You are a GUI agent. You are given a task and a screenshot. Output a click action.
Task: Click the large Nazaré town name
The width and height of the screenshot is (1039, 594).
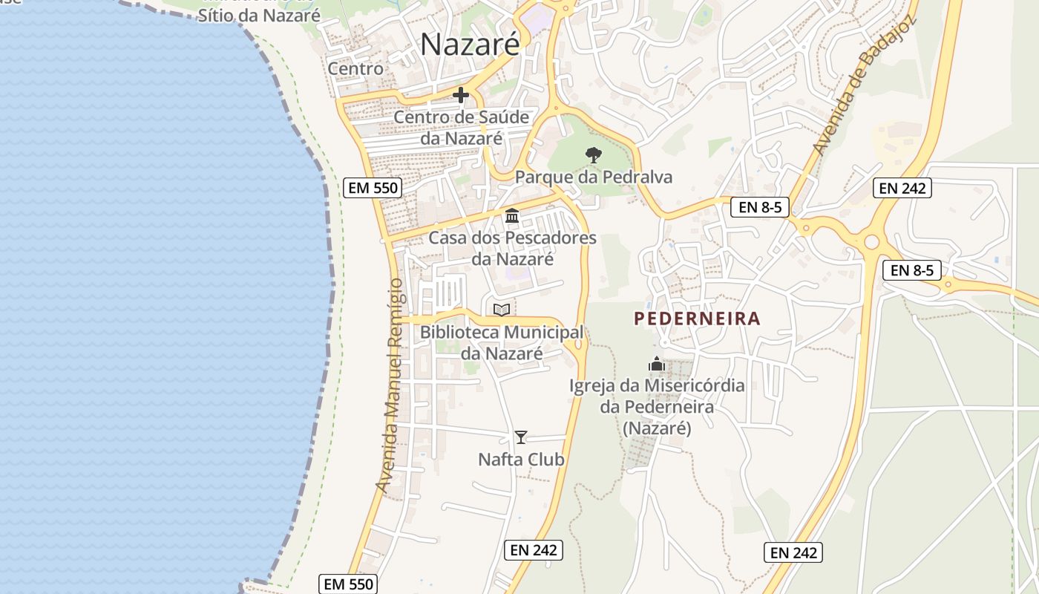pyautogui.click(x=470, y=45)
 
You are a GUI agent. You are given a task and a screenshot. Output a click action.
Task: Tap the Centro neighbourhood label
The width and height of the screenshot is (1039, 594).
pyautogui.click(x=355, y=69)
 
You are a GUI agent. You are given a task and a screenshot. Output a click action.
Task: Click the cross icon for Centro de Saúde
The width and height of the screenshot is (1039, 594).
pyautogui.click(x=461, y=95)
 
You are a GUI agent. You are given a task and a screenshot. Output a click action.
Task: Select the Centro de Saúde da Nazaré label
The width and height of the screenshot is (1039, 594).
pyautogui.click(x=462, y=128)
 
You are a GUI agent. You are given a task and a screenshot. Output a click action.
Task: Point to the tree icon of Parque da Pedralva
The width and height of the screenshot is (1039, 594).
pyautogui.click(x=593, y=155)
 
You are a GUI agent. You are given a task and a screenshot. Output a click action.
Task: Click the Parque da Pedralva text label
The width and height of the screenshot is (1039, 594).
pyautogui.click(x=594, y=177)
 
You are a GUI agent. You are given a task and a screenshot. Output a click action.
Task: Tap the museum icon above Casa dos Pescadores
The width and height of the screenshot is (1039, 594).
pyautogui.click(x=512, y=216)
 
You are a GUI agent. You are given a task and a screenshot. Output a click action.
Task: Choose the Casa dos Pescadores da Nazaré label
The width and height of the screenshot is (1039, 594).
pyautogui.click(x=512, y=249)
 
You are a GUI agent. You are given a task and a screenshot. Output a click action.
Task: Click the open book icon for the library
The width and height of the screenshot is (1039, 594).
pyautogui.click(x=502, y=310)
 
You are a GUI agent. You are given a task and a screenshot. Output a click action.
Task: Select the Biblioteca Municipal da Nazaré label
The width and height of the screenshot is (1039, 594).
pyautogui.click(x=502, y=342)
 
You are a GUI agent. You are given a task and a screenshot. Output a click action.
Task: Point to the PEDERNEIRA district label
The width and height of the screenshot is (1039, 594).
pyautogui.click(x=698, y=319)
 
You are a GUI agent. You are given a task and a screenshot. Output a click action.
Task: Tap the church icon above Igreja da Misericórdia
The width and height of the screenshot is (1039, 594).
pyautogui.click(x=656, y=364)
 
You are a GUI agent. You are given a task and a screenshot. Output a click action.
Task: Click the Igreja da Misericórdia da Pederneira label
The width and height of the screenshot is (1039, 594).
pyautogui.click(x=657, y=407)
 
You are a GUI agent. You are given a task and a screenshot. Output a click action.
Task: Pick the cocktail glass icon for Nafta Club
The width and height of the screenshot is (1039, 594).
pyautogui.click(x=521, y=437)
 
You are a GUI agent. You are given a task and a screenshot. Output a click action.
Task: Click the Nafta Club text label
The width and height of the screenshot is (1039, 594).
pyautogui.click(x=521, y=460)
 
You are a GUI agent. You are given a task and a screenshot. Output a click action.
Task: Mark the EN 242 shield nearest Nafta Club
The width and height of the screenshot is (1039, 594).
pyautogui.click(x=534, y=550)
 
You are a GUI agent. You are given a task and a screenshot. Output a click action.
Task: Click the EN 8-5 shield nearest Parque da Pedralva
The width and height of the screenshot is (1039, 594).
pyautogui.click(x=760, y=207)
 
